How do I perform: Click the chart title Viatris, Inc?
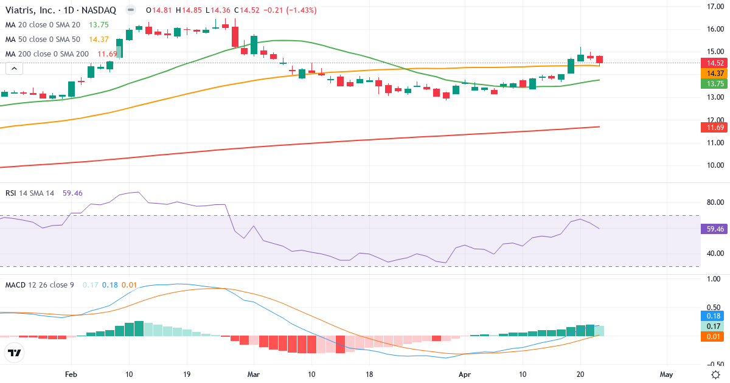[x=32, y=10]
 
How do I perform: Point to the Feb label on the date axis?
[x=71, y=374]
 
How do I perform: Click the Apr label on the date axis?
[x=465, y=374]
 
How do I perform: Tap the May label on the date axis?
[x=666, y=374]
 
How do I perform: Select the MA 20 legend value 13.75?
[x=99, y=25]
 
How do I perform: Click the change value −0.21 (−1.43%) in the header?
[x=286, y=10]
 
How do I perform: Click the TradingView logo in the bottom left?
[x=15, y=353]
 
